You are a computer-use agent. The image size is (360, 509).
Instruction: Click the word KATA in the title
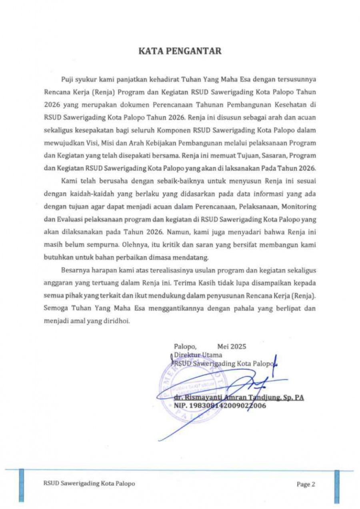coord(152,51)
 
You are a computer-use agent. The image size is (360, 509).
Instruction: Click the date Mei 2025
coord(232,347)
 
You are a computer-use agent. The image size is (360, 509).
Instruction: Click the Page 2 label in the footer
coord(306,484)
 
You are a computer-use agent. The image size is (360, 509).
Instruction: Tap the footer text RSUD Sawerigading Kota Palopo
coord(89,483)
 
